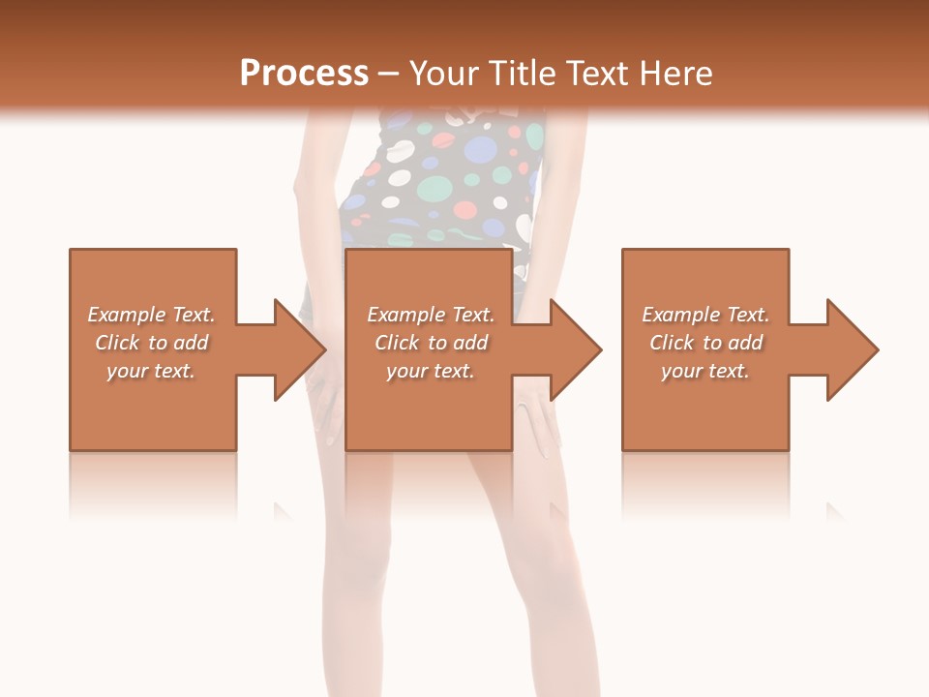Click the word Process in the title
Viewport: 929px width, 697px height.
coord(304,74)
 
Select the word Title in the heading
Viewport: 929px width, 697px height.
coord(518,74)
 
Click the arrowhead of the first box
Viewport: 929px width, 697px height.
coord(300,349)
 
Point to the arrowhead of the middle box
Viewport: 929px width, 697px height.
coord(576,349)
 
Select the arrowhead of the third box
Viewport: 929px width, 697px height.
coord(853,349)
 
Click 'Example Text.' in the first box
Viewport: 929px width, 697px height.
coord(151,315)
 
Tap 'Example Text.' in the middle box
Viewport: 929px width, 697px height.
coord(431,315)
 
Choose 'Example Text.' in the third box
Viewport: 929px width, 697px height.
coord(705,315)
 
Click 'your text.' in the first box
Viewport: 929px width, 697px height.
coord(151,371)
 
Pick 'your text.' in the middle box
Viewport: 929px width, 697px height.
coord(431,371)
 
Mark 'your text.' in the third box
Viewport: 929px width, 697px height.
coord(705,371)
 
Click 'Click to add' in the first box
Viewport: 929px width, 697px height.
coord(151,343)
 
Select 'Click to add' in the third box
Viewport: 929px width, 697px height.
coord(705,343)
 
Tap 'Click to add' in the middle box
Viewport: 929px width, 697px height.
coord(431,343)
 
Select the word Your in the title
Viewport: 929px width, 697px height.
coord(442,74)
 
